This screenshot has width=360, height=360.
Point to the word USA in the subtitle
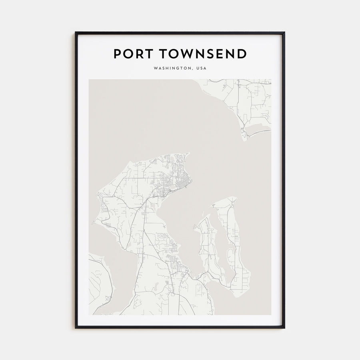click(x=201, y=68)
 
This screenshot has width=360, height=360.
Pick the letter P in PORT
click(x=118, y=54)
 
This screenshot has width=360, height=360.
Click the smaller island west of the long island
click(x=208, y=248)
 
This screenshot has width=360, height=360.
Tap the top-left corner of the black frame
click(x=76, y=32)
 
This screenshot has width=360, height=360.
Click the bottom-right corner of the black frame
click(x=284, y=328)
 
